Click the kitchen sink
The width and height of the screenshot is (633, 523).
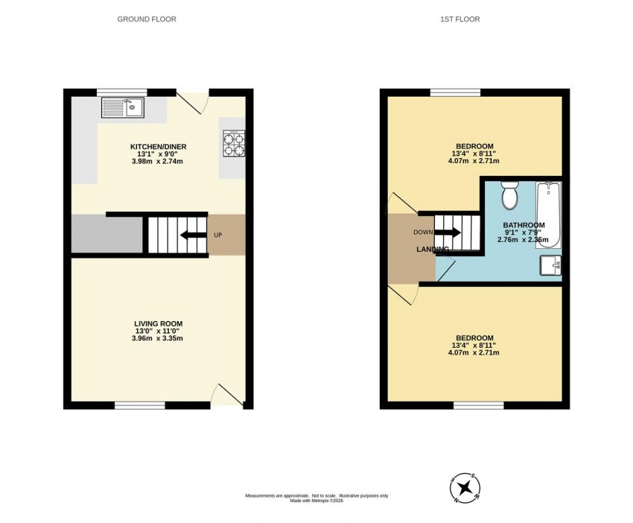click(x=123, y=107)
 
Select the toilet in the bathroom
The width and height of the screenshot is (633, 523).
click(x=510, y=195)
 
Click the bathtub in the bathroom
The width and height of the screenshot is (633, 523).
click(x=548, y=215)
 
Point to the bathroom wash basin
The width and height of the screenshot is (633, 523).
click(x=550, y=265)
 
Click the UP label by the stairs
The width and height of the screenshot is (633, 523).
click(x=217, y=235)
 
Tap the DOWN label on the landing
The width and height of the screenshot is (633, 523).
click(x=423, y=232)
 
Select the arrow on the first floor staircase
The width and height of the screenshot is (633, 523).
click(x=447, y=232)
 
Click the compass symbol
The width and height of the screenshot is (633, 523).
click(x=465, y=487)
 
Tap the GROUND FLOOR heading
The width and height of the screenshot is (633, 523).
click(x=147, y=19)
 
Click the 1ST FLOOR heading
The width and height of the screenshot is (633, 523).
click(x=459, y=19)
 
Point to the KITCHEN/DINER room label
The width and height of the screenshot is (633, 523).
click(x=158, y=147)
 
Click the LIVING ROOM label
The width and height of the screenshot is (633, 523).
click(x=158, y=323)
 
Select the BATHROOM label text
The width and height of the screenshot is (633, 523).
click(x=524, y=225)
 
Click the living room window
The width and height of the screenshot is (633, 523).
click(x=140, y=405)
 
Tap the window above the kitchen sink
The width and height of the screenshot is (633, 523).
click(x=122, y=92)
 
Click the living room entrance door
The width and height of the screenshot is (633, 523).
click(x=227, y=395)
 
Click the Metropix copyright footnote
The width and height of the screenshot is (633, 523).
click(x=317, y=498)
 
